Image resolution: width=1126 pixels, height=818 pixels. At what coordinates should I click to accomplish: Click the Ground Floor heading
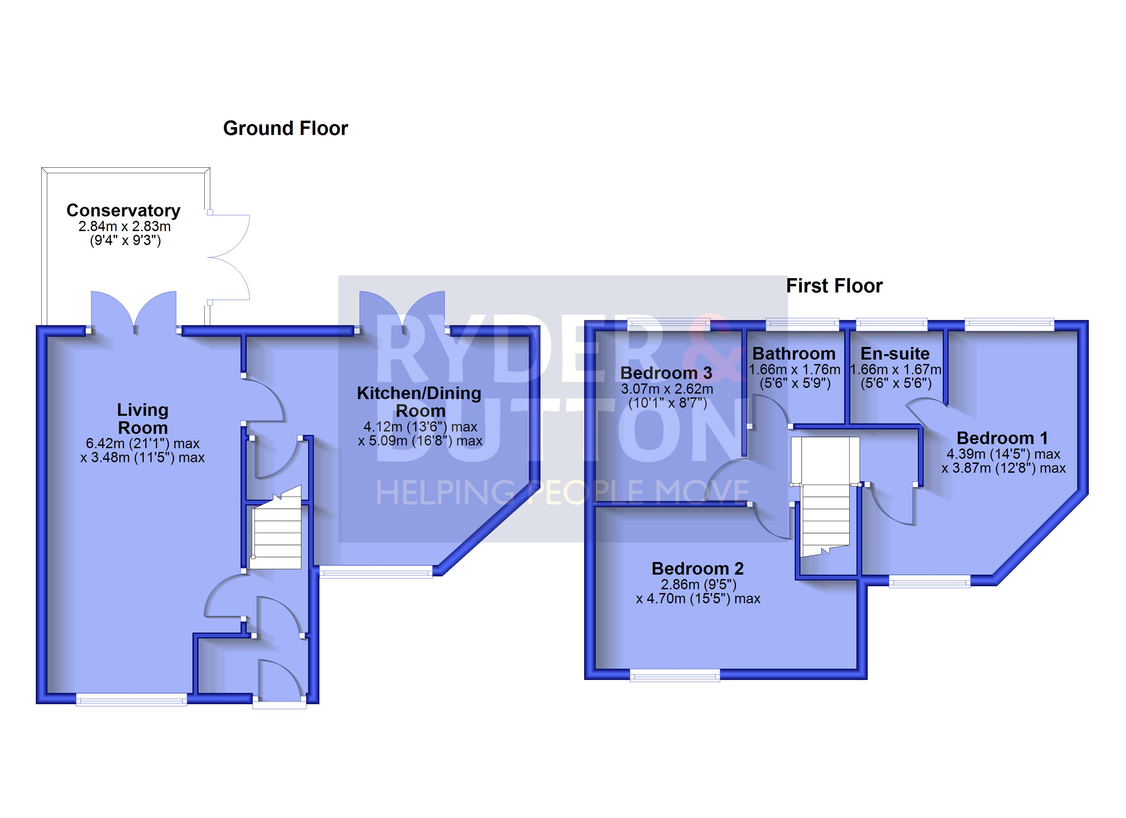[286, 128]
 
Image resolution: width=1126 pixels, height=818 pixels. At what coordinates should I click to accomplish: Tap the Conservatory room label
[123, 210]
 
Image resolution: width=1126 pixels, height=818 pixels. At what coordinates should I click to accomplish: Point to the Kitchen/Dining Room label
[419, 402]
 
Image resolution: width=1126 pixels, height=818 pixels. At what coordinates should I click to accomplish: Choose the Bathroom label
[794, 354]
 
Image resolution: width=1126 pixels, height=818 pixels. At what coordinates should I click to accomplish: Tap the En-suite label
[895, 354]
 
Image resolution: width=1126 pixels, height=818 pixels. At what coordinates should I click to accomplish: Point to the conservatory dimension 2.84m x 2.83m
[125, 227]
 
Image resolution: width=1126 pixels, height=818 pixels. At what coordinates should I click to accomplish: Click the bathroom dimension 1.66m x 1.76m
[794, 369]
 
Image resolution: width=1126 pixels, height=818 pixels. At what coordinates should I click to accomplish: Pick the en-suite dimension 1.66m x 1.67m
[896, 369]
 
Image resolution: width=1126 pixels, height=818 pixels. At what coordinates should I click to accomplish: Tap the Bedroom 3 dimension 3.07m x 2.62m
[667, 389]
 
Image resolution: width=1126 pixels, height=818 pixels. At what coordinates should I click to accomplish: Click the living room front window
[132, 700]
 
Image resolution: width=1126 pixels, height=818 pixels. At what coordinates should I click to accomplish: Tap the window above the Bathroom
[802, 324]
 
